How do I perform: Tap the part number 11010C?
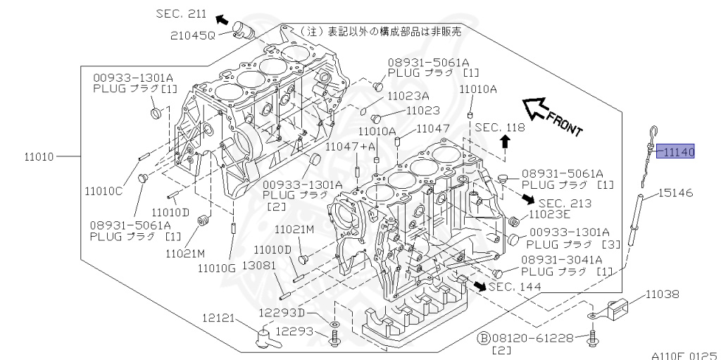click(104, 190)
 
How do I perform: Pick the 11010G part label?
click(216, 268)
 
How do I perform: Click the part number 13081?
click(257, 268)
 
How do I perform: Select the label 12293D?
click(281, 313)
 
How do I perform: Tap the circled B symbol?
click(484, 338)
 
